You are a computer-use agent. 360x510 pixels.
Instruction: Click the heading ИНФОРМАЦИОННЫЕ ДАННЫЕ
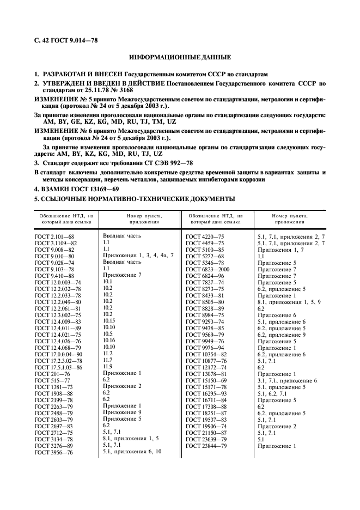pos(180,57)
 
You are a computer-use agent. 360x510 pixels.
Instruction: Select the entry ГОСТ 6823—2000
pos(208,269)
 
